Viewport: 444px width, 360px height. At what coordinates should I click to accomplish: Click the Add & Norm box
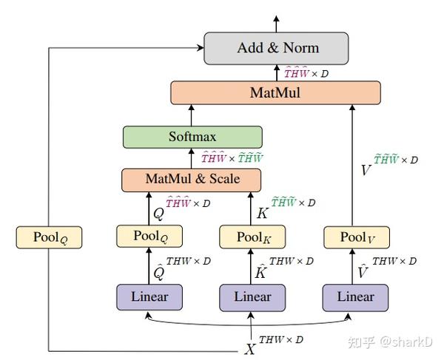pyautogui.click(x=277, y=48)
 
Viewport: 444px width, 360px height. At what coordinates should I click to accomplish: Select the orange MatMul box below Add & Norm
pyautogui.click(x=275, y=93)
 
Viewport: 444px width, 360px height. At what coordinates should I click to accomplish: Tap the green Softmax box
pyautogui.click(x=192, y=137)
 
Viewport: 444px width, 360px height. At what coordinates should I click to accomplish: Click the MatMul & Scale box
pyautogui.click(x=192, y=179)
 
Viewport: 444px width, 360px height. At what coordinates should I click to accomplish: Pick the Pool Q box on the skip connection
pyautogui.click(x=48, y=237)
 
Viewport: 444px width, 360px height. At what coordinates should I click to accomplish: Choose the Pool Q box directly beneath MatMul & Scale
pyautogui.click(x=149, y=237)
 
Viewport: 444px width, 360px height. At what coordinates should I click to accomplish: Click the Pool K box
pyautogui.click(x=252, y=237)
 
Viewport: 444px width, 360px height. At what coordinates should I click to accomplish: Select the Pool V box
pyautogui.click(x=356, y=237)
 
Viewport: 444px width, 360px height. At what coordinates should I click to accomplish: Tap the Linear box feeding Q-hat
pyautogui.click(x=149, y=296)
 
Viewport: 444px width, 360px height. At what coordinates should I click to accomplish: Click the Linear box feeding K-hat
pyautogui.click(x=252, y=296)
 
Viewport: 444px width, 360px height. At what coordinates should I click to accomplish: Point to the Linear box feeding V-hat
pyautogui.click(x=356, y=296)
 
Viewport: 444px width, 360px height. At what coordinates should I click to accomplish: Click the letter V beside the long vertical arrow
pyautogui.click(x=365, y=169)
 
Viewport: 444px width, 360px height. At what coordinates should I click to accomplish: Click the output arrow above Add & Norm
pyautogui.click(x=277, y=23)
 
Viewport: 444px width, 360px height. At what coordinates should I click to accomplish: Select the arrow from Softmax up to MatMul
pyautogui.click(x=192, y=115)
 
